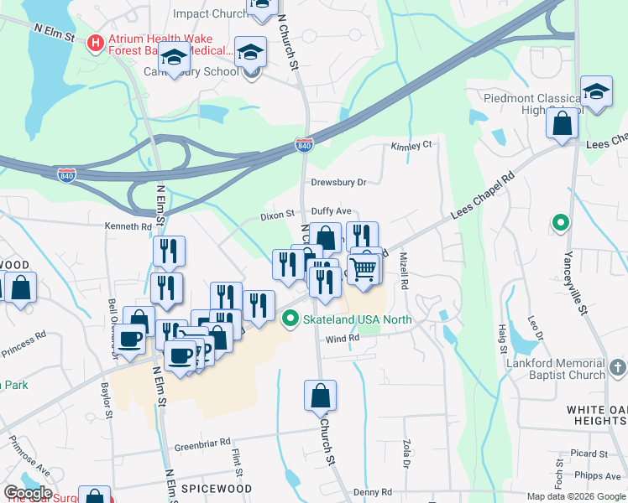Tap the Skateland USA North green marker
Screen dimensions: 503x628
point(290,319)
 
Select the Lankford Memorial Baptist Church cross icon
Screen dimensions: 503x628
point(616,367)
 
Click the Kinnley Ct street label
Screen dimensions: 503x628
point(411,146)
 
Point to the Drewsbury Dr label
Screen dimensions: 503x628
point(339,182)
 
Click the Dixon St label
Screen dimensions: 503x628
point(278,215)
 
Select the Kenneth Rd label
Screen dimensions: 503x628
point(128,226)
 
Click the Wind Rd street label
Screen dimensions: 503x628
point(343,338)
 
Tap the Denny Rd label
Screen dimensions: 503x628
point(373,492)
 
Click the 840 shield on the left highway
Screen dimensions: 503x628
point(67,174)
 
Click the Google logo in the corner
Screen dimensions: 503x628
point(27,493)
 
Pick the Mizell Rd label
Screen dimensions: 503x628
point(404,272)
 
